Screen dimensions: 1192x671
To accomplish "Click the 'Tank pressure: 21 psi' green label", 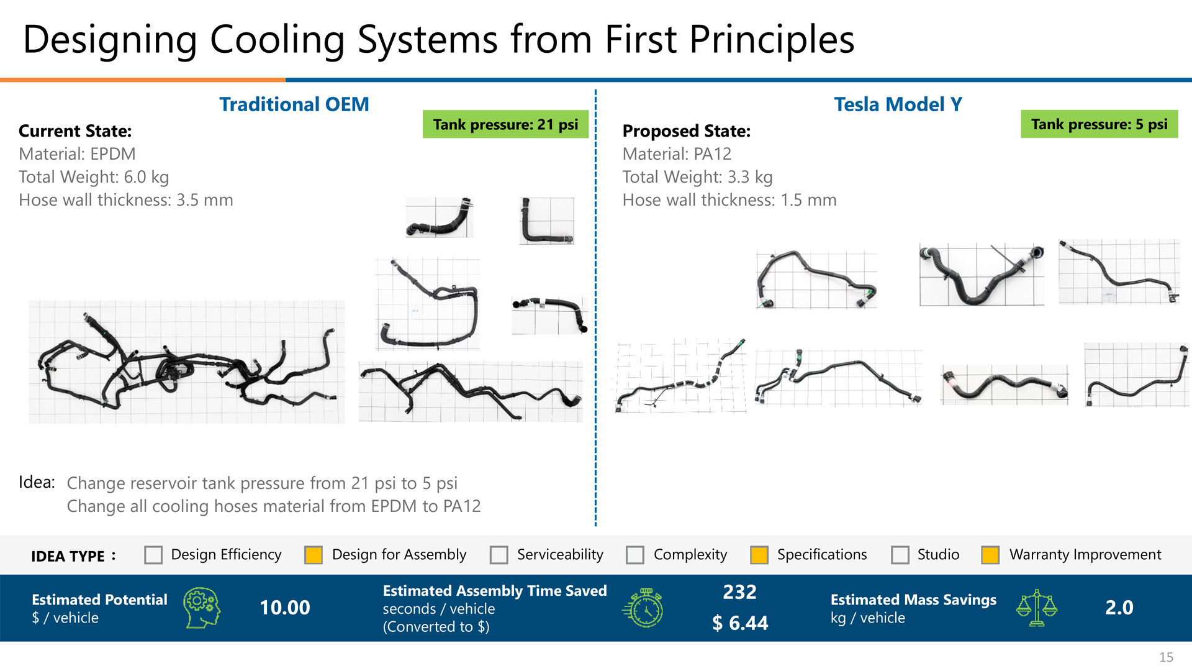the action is [505, 124].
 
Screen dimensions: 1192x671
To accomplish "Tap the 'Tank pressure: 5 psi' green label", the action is [1099, 124].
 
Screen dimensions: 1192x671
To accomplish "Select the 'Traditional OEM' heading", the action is [294, 104].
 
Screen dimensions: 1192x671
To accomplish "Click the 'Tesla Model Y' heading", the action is [898, 104].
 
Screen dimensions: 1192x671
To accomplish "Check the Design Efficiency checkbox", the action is [153, 555].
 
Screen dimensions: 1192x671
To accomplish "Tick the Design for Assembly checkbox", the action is [314, 555].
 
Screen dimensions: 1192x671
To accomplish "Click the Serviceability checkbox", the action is [499, 555].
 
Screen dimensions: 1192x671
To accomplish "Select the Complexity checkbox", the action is [635, 555].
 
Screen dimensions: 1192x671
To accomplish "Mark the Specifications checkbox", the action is [759, 555].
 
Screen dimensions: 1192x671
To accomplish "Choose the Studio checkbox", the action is [900, 555].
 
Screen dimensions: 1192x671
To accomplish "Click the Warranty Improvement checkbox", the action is [990, 555].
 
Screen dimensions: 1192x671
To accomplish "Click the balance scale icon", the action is [1037, 608].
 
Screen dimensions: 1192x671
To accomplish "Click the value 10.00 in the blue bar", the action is [285, 608].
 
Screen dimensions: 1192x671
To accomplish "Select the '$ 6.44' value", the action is [740, 623].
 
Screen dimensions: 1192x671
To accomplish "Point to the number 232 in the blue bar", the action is [740, 592].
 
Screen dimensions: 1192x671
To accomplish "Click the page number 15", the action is [1167, 657].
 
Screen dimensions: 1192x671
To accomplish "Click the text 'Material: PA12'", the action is [677, 154].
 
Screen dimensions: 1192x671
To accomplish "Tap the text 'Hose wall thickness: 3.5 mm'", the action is [126, 200].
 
